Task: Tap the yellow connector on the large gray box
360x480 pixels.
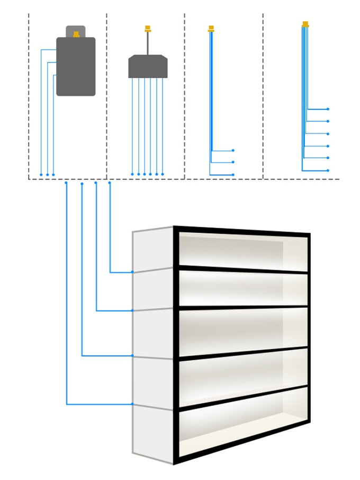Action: pos(76,34)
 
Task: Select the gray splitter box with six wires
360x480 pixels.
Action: pos(148,67)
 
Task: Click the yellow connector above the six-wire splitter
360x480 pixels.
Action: pos(148,29)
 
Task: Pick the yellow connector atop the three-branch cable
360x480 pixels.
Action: pos(211,29)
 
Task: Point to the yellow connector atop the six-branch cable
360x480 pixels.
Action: pos(305,24)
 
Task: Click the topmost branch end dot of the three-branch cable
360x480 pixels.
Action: pos(233,150)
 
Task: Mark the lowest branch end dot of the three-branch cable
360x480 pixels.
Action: pos(233,174)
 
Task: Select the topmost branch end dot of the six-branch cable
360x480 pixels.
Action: pos(328,109)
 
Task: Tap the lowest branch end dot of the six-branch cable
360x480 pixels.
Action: pos(328,171)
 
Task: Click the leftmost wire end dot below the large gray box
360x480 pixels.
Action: pos(41,174)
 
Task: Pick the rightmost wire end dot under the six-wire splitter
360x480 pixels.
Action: pos(163,174)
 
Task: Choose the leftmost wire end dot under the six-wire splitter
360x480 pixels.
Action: pos(132,174)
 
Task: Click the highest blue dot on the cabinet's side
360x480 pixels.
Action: pos(132,272)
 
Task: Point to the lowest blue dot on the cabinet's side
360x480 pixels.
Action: pos(132,404)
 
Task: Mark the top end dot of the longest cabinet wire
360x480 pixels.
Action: pos(66,183)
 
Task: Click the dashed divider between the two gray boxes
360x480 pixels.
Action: pos(106,95)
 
